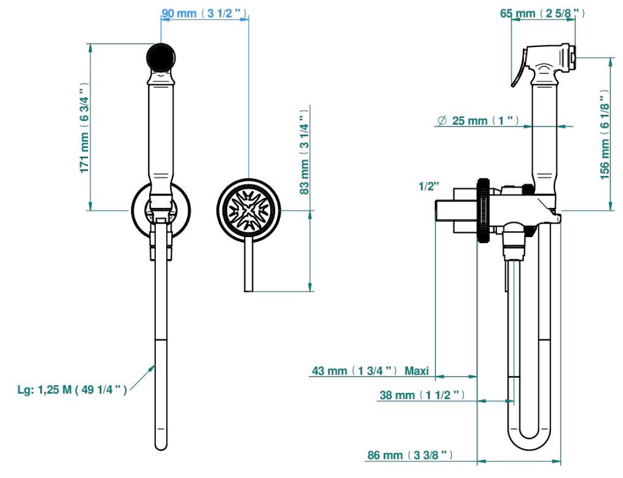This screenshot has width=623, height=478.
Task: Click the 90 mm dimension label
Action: [204, 13]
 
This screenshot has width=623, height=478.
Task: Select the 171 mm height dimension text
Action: [84, 128]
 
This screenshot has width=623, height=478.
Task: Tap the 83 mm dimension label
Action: [304, 152]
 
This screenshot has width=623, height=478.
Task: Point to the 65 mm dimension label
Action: [542, 13]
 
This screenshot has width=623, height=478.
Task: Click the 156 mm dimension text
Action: [604, 134]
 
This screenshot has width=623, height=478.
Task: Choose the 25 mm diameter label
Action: [478, 120]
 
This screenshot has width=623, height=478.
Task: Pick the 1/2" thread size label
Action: [429, 186]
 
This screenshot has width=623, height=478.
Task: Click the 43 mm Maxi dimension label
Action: [370, 370]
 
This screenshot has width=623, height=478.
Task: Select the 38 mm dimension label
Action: [422, 395]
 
